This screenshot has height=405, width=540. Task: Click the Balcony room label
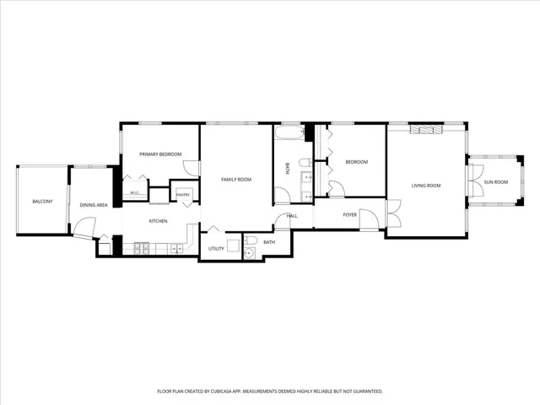[42, 202]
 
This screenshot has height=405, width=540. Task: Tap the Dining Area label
[94, 205]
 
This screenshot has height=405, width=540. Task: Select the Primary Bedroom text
[160, 154]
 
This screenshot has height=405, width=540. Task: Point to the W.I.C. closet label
[134, 192]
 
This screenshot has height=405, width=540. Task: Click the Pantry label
[183, 195]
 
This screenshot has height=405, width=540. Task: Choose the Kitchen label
[158, 221]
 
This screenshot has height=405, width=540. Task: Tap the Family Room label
[236, 180]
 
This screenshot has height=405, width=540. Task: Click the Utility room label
[216, 249]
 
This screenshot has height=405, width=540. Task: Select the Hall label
[292, 216]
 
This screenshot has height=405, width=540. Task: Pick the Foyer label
[350, 214]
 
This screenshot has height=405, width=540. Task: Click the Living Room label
[426, 186]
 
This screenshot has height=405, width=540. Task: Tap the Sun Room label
[496, 182]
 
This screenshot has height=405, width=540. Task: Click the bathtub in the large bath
[289, 132]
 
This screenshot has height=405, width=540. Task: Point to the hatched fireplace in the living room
[426, 129]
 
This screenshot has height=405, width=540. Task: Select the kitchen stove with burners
[142, 249]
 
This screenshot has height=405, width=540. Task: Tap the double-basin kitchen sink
[177, 249]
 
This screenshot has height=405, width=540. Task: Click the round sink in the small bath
[249, 253]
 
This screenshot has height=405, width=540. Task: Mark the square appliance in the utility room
[233, 246]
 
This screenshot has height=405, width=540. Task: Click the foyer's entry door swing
[370, 219]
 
